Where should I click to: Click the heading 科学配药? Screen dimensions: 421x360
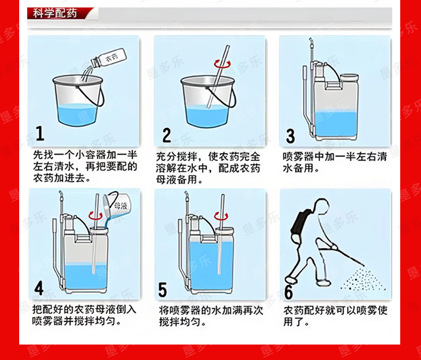click(55, 13)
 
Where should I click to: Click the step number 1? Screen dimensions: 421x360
click(40, 133)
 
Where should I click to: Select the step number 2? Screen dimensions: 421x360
click(167, 135)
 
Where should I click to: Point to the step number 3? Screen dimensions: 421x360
click(290, 136)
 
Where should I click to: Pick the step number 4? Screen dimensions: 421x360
click(39, 289)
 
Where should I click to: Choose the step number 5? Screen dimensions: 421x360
click(163, 290)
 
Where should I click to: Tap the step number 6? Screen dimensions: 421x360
click(288, 292)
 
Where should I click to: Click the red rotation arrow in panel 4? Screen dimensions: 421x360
click(95, 215)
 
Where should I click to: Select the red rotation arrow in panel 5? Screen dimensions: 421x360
click(221, 215)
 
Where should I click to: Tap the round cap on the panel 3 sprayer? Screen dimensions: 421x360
click(349, 78)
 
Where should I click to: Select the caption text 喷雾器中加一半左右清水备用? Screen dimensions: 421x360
click(335, 162)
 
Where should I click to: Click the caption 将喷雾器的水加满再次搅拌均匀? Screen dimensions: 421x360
click(211, 316)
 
